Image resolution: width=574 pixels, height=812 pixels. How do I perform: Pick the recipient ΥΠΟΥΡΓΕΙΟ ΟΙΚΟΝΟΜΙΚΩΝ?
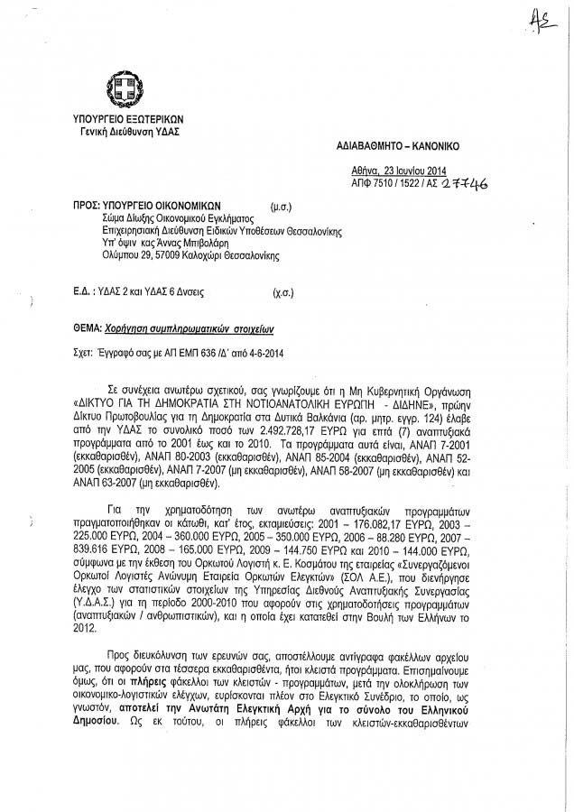pos(162,206)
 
